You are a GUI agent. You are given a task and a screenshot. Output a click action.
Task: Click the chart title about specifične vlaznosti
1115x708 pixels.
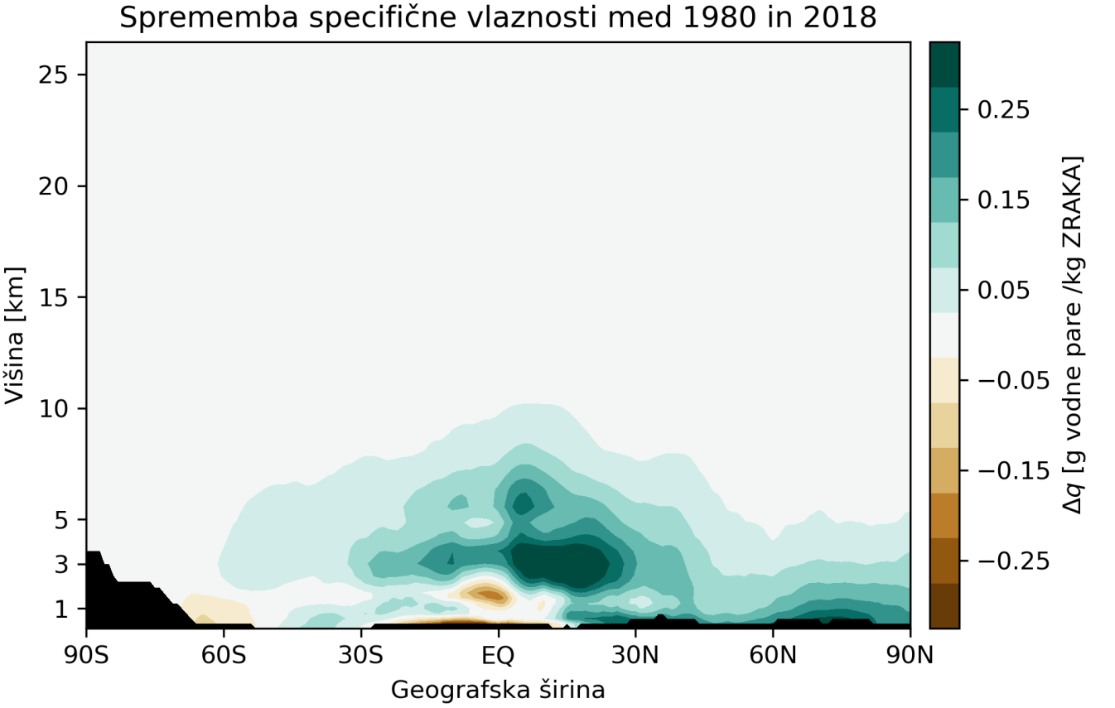point(497,17)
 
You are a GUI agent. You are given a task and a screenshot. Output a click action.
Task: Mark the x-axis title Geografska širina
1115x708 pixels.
point(498,689)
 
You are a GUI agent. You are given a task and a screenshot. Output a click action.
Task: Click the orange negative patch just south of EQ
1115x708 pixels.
point(485,594)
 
